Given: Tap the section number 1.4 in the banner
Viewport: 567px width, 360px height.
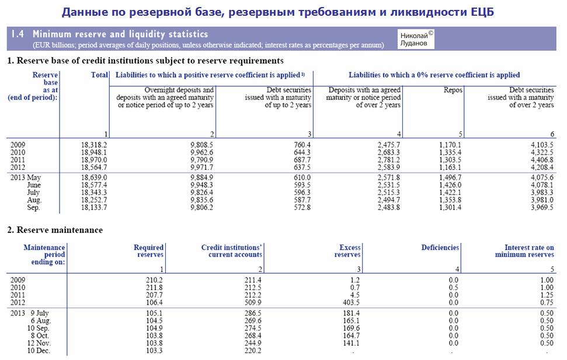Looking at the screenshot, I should point(18,35).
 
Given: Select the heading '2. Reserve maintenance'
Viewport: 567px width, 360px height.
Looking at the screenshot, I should point(55,230).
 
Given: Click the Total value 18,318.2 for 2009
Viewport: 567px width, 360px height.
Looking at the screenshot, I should point(94,145).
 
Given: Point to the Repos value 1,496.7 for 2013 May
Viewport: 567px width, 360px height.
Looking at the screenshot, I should point(448,177).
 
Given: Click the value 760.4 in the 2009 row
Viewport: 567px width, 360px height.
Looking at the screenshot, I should point(301,145).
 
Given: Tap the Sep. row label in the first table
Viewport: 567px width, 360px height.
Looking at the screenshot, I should point(34,208).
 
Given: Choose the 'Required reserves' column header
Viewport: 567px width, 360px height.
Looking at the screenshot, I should point(150,251).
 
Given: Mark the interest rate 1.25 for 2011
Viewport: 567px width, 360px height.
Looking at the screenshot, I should point(547,295).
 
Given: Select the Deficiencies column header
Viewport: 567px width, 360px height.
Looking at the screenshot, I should point(440,247).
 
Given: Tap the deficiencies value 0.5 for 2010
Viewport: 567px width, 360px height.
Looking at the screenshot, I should point(454,288).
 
